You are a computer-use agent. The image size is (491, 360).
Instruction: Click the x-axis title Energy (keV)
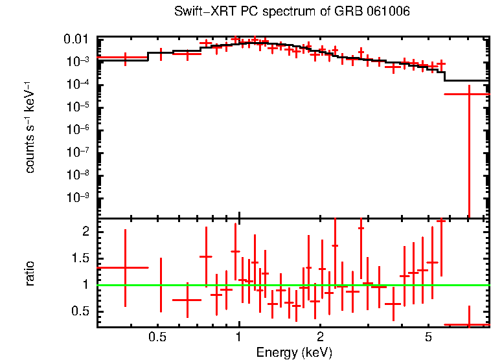pyautogui.click(x=294, y=352)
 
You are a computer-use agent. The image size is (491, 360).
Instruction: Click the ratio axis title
pyautogui.click(x=30, y=273)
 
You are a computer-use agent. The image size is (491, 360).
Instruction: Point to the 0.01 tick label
pyautogui.click(x=80, y=39)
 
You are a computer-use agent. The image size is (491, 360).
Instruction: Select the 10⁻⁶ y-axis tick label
pyautogui.click(x=80, y=130)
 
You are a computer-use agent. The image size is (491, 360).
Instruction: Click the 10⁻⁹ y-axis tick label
pyautogui.click(x=80, y=198)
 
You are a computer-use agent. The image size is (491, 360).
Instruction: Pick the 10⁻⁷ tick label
pyautogui.click(x=80, y=153)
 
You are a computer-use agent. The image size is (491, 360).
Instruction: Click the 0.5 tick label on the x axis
pyautogui.click(x=157, y=337)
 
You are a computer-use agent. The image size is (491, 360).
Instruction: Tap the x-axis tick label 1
pyautogui.click(x=239, y=337)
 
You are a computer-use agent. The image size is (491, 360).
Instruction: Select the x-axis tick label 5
pyautogui.click(x=428, y=337)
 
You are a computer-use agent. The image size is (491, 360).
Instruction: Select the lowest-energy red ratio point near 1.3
pyautogui.click(x=125, y=267)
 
